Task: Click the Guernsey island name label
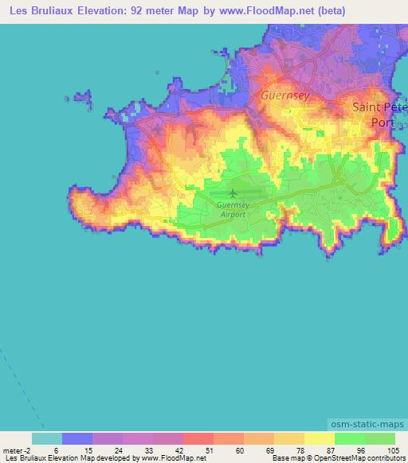284,95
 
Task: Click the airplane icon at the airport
233,193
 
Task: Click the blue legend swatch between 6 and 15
77,438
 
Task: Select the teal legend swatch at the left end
47,438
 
